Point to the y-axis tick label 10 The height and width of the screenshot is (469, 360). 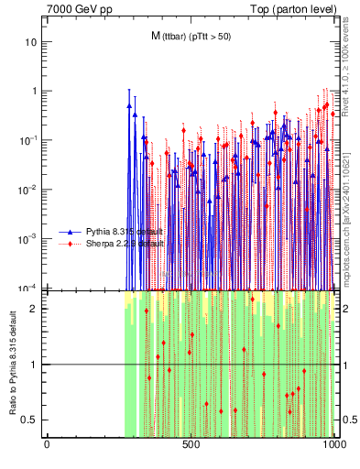[31, 42]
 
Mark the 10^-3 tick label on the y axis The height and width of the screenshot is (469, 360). [29, 238]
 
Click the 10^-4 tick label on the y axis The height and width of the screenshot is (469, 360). [29, 287]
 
